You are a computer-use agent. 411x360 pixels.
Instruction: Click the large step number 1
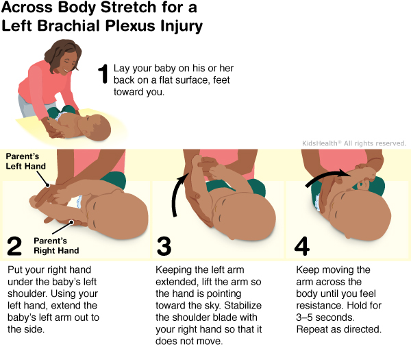point(103,73)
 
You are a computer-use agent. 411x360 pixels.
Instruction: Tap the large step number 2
point(14,245)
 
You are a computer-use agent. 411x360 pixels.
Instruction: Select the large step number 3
point(164,245)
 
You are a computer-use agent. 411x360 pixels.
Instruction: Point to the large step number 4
point(302,245)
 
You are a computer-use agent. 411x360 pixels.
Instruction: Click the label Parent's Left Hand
point(24,161)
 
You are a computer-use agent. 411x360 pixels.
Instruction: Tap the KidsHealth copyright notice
point(354,143)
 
